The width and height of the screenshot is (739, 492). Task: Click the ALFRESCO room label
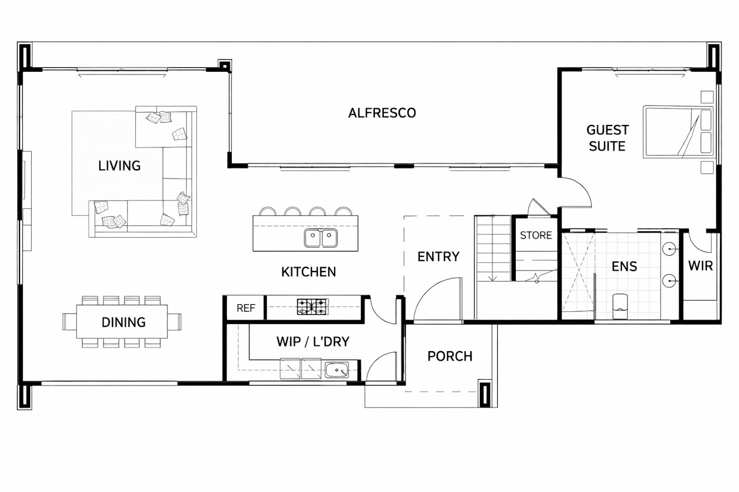pos(382,113)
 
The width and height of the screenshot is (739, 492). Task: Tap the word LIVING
pos(119,166)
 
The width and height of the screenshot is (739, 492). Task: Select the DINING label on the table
pos(124,322)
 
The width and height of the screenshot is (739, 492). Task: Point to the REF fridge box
pos(246,308)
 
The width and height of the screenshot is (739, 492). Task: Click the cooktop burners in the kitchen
pos(312,306)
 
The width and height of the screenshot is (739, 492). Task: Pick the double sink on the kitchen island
pos(321,238)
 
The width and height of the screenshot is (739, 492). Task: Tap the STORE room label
pos(536,235)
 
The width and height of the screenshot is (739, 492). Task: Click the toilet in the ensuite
pos(620,306)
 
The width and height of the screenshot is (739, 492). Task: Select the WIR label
pos(700,266)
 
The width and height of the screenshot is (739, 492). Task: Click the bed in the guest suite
pos(678,131)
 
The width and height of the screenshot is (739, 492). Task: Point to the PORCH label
pos(450,356)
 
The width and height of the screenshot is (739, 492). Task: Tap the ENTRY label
pos(439,256)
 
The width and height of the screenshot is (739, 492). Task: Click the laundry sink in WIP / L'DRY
pos(337,370)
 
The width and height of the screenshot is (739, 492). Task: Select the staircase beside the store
pos(492,248)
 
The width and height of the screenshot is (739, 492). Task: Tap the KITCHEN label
pos(308,272)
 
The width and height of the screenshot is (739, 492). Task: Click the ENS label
pos(624,266)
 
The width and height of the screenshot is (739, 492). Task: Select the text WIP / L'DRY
pos(312,342)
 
